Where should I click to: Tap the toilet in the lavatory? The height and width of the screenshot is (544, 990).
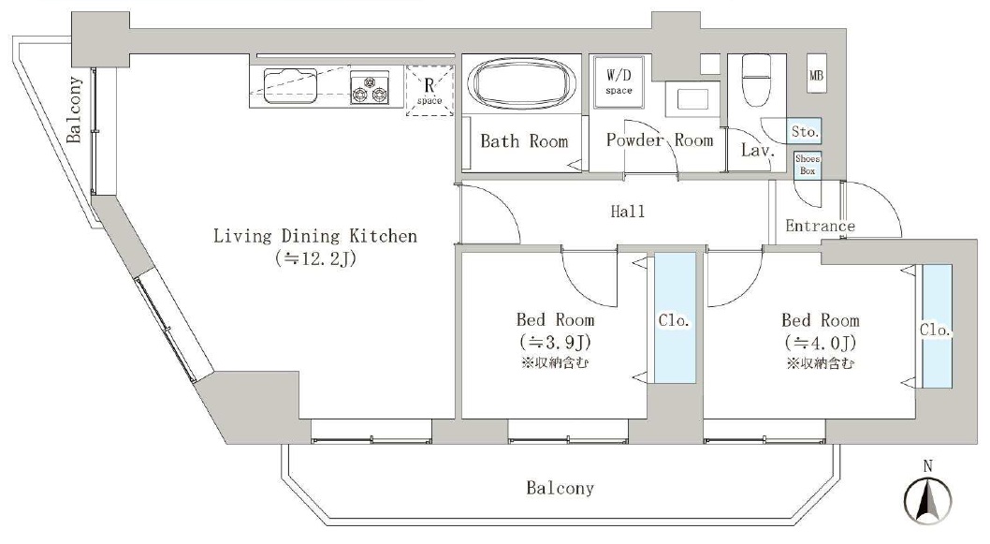(756, 81)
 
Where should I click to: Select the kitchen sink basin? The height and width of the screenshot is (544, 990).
(290, 85)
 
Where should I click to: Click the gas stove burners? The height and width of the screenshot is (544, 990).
(370, 88)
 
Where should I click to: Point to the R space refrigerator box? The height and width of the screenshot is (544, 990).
(429, 90)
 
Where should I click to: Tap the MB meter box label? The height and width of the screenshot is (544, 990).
(816, 75)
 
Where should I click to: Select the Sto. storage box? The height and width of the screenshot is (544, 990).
(805, 131)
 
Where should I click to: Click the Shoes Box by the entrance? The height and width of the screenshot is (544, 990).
(808, 165)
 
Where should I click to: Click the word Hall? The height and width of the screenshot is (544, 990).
(628, 211)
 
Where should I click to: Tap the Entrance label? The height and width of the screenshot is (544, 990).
(820, 226)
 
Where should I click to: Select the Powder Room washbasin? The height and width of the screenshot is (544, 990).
(693, 99)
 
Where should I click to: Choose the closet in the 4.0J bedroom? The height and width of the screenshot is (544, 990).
(937, 326)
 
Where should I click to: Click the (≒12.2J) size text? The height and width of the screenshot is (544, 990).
(315, 258)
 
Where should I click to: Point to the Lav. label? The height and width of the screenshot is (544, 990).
(757, 151)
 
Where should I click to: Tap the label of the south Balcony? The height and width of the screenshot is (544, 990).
(560, 488)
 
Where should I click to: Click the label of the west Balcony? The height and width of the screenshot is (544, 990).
(75, 110)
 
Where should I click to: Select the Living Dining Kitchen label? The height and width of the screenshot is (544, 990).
(315, 236)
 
